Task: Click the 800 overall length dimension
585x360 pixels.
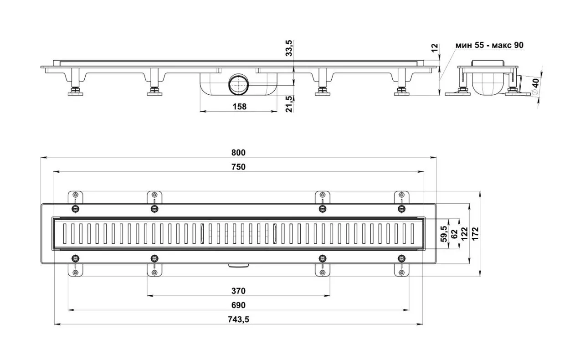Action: [238, 153]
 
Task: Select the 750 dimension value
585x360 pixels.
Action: [238, 167]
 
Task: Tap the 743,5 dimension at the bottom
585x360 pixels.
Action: [238, 319]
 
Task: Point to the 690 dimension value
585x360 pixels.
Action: [238, 305]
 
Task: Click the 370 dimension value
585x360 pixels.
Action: [238, 291]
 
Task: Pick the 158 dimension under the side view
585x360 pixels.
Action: [239, 107]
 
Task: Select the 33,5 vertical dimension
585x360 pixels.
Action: [289, 48]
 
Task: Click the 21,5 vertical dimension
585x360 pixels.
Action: [289, 104]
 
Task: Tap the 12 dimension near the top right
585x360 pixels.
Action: [434, 46]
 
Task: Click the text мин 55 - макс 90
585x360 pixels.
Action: [489, 45]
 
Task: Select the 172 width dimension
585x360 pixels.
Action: [475, 234]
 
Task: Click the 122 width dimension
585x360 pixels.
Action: [465, 234]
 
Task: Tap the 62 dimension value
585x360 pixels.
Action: [454, 234]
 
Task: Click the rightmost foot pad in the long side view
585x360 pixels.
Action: [402, 93]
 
